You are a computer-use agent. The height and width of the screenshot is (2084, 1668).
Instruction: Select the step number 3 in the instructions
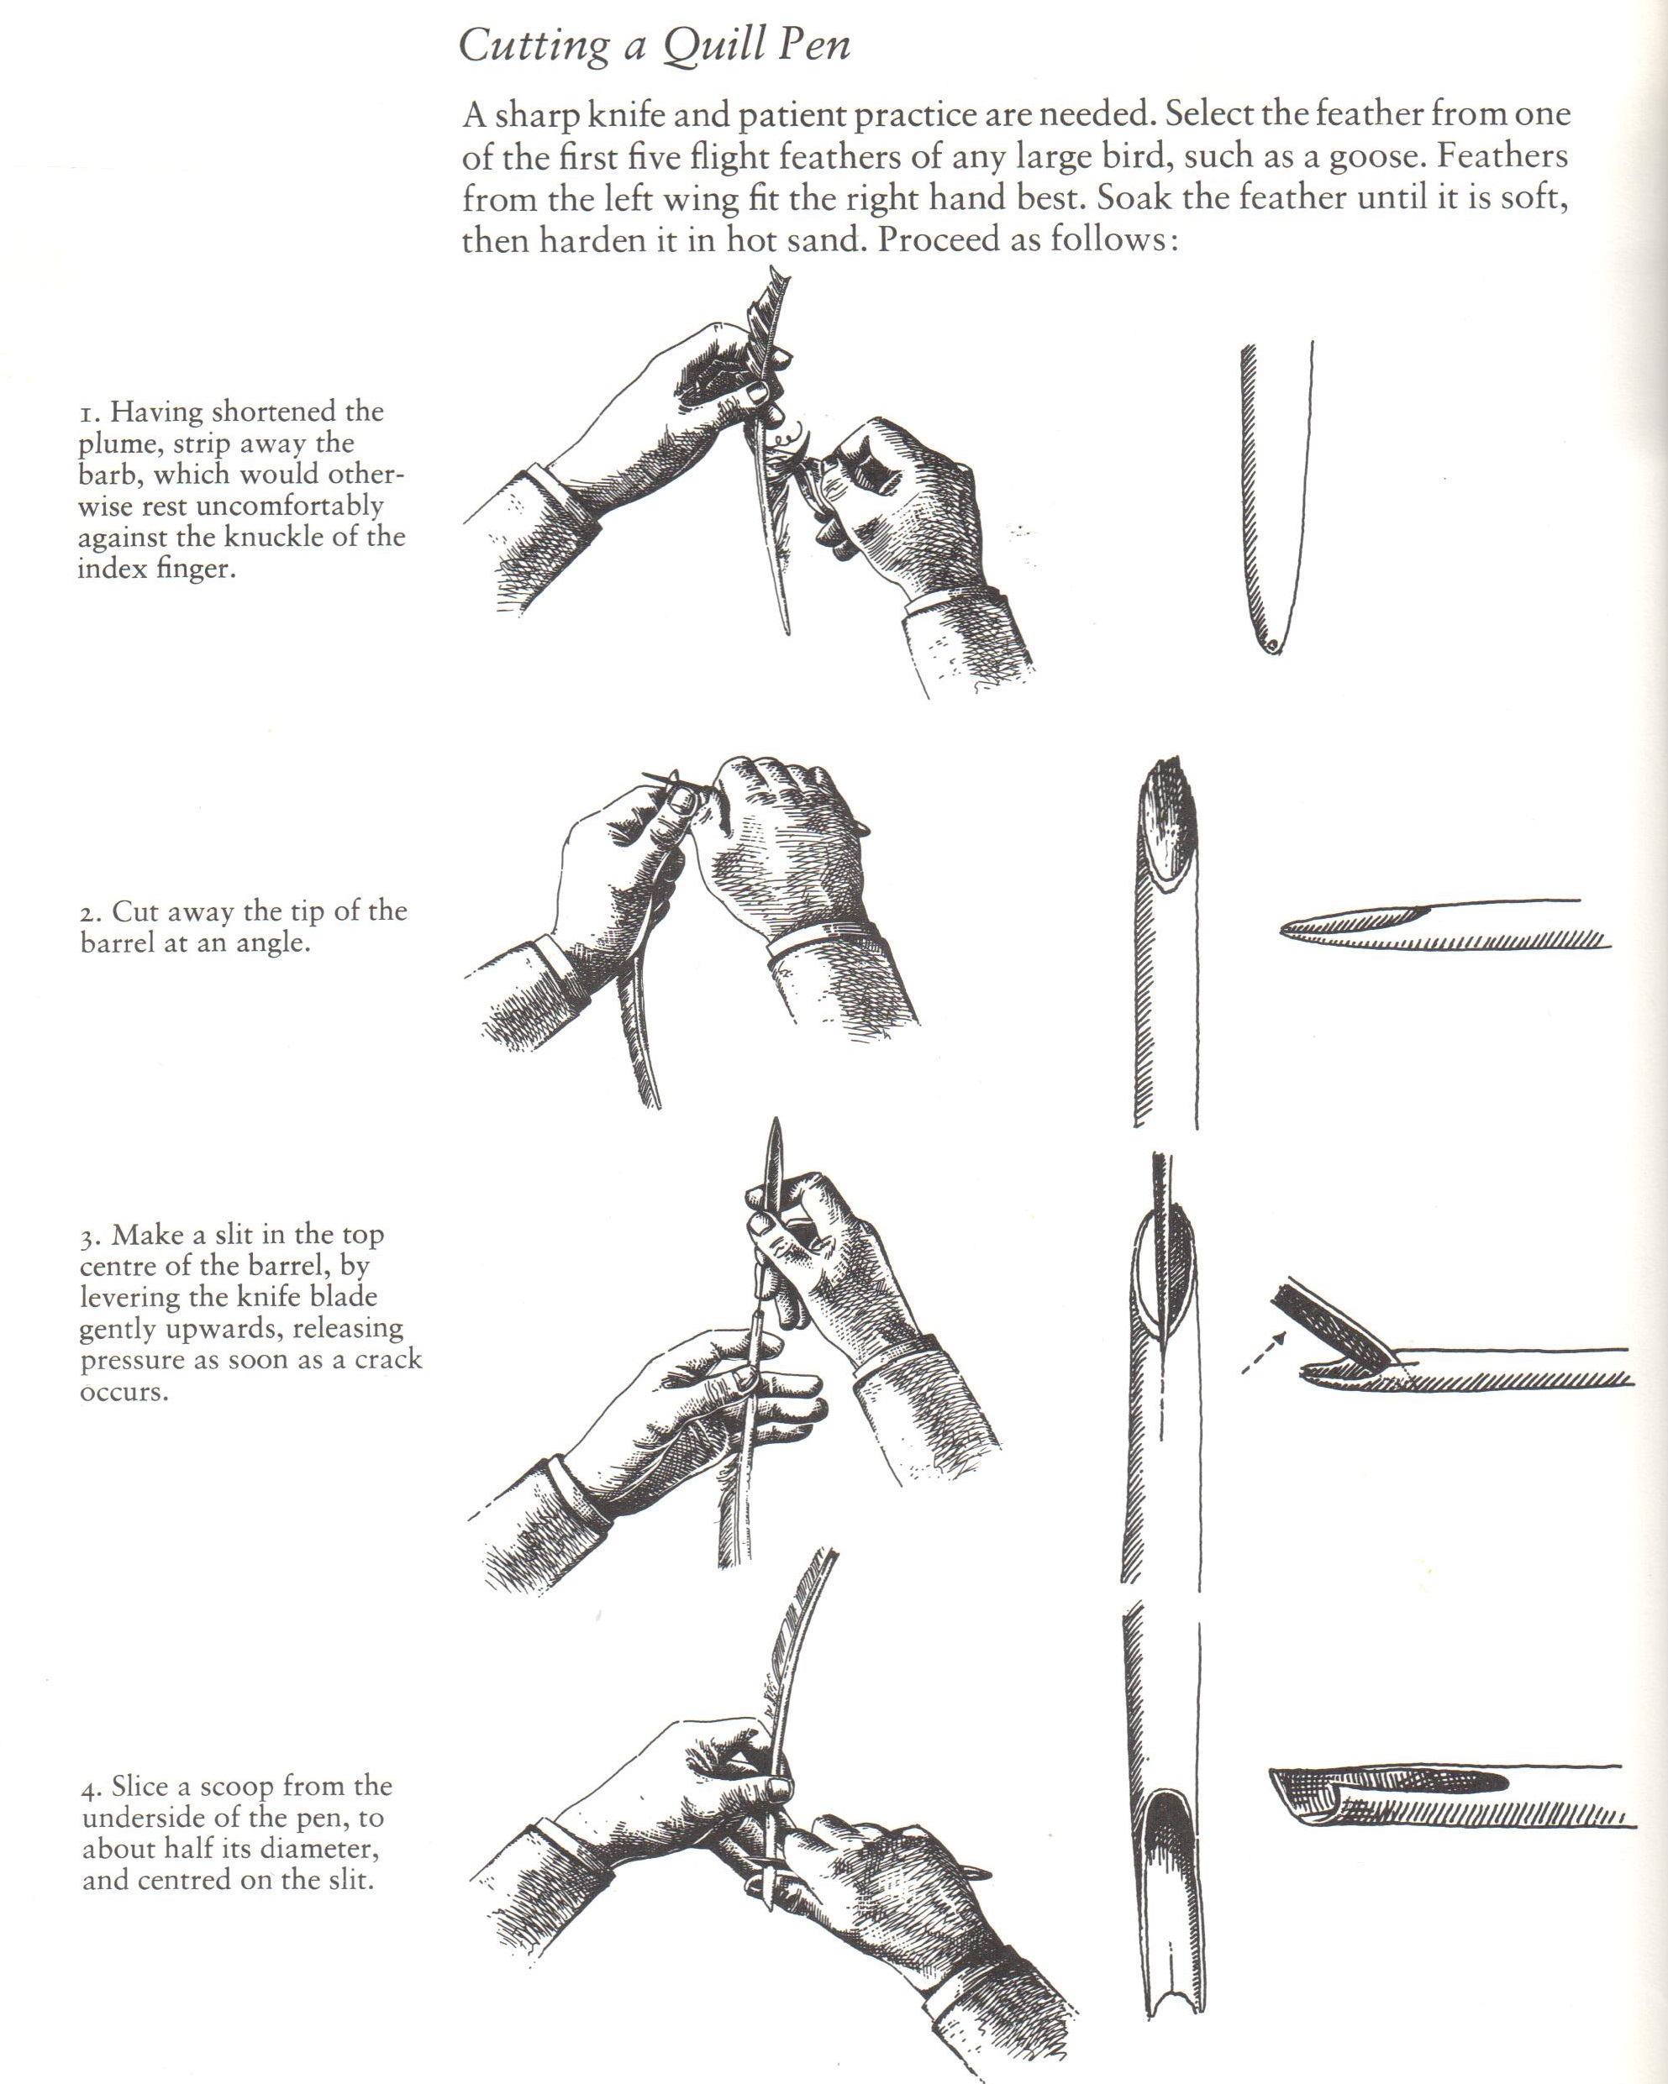pos(88,1237)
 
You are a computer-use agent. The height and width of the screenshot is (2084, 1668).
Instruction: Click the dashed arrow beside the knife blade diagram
pos(1264,1352)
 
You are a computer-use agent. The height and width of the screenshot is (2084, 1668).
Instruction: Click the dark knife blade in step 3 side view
pos(1333,1326)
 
